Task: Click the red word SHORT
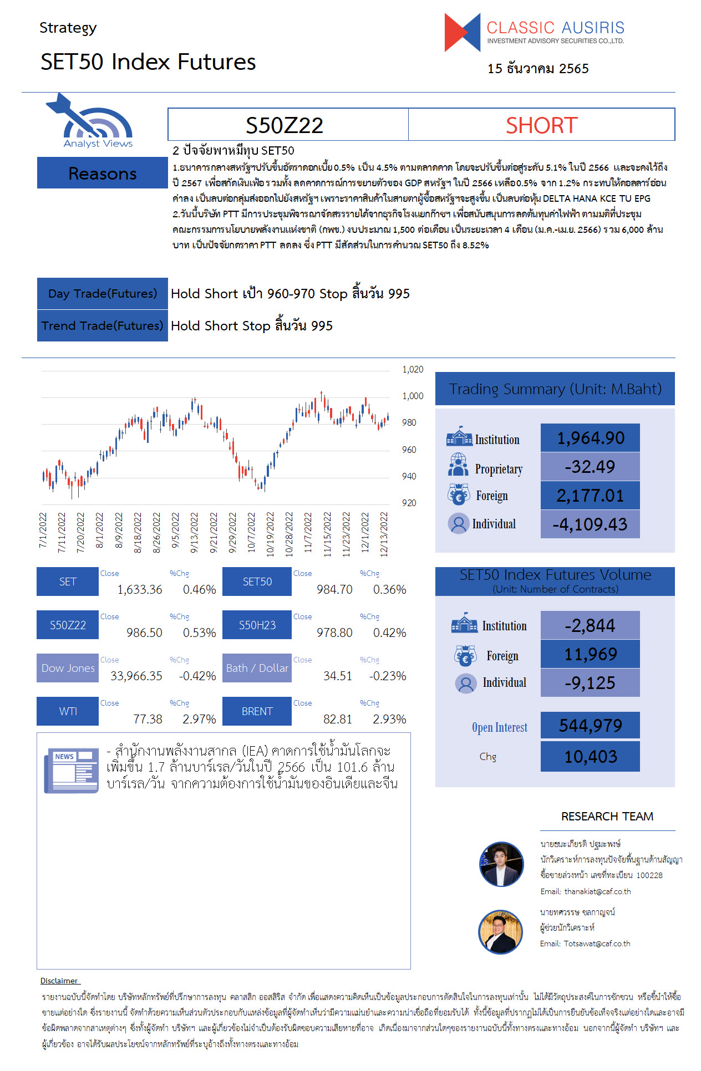click(541, 125)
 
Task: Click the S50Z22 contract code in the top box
click(285, 125)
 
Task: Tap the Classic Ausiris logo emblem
click(463, 33)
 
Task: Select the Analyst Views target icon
click(94, 120)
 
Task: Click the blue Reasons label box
click(103, 173)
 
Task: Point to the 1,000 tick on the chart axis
click(413, 396)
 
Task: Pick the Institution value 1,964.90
click(590, 438)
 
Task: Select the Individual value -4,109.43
click(590, 524)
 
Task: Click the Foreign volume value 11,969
click(590, 654)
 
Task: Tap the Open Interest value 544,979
click(590, 725)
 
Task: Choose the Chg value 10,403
click(590, 756)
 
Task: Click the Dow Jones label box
click(68, 668)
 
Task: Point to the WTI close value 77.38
click(148, 719)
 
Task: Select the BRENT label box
click(257, 711)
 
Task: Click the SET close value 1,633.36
click(140, 589)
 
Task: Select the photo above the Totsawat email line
click(500, 931)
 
